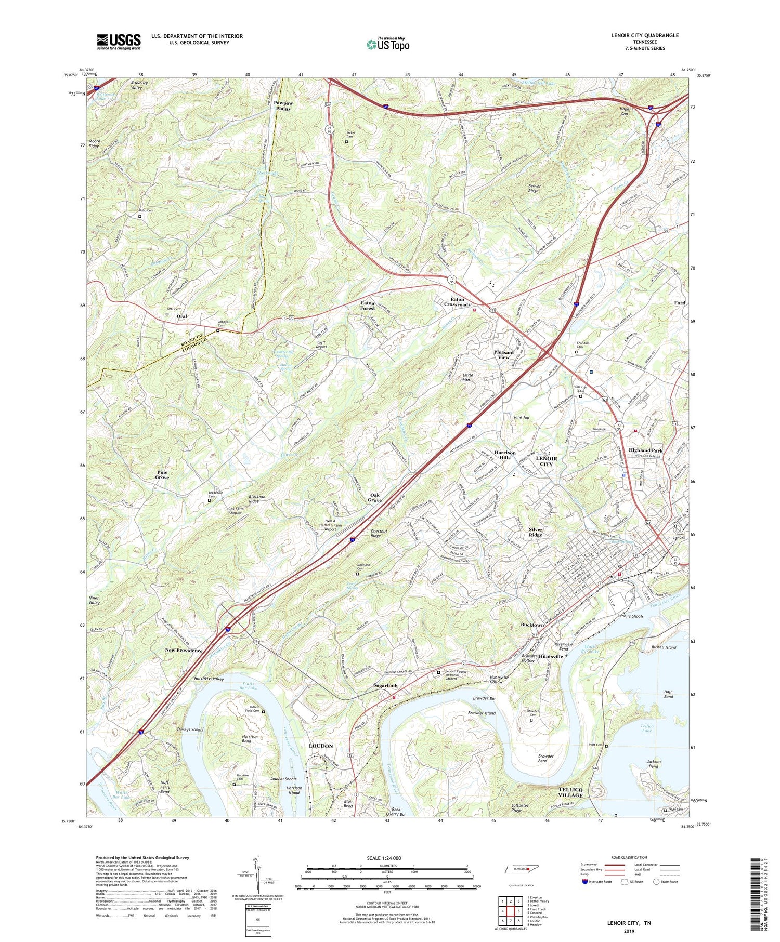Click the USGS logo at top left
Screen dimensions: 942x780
119,42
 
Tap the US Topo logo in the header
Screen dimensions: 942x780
387,44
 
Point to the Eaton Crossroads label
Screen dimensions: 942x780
457,302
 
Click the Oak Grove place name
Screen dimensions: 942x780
375,498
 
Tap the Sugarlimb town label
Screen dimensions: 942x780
386,686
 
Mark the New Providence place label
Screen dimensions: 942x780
184,651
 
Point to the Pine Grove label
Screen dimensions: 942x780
162,474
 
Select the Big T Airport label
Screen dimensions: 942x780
321,344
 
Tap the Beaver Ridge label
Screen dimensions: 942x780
526,189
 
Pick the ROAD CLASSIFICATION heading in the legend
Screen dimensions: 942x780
626,857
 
